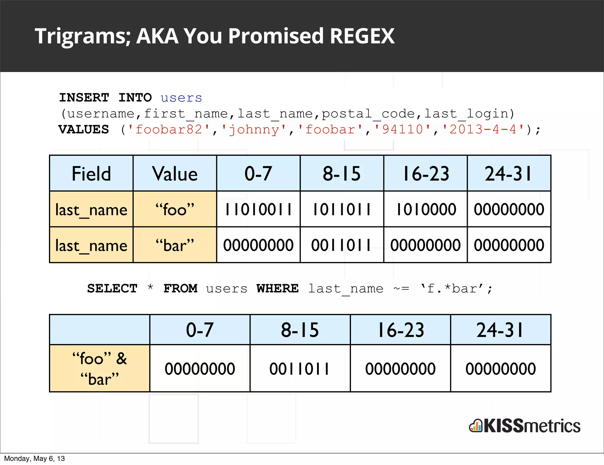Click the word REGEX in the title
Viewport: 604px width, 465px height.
pyautogui.click(x=362, y=36)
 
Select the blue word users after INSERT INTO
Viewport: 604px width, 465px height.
pyautogui.click(x=181, y=98)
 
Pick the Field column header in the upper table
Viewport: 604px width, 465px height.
pyautogui.click(x=91, y=173)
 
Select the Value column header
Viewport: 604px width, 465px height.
pyautogui.click(x=175, y=173)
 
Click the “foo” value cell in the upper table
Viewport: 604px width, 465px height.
pyautogui.click(x=175, y=209)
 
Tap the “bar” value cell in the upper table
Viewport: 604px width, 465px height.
pyautogui.click(x=175, y=245)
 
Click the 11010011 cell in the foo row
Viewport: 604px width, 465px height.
pyautogui.click(x=258, y=209)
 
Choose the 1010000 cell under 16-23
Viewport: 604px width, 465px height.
pyautogui.click(x=426, y=209)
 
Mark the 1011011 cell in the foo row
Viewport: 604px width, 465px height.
pyautogui.click(x=342, y=209)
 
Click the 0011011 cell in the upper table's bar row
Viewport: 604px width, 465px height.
pyautogui.click(x=342, y=245)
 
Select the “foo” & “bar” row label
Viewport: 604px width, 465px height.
pyautogui.click(x=100, y=369)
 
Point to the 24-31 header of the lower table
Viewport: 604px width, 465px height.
pyautogui.click(x=500, y=330)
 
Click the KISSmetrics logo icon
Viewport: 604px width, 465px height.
pyautogui.click(x=475, y=426)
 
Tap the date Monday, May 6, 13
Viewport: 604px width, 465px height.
pyautogui.click(x=34, y=459)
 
